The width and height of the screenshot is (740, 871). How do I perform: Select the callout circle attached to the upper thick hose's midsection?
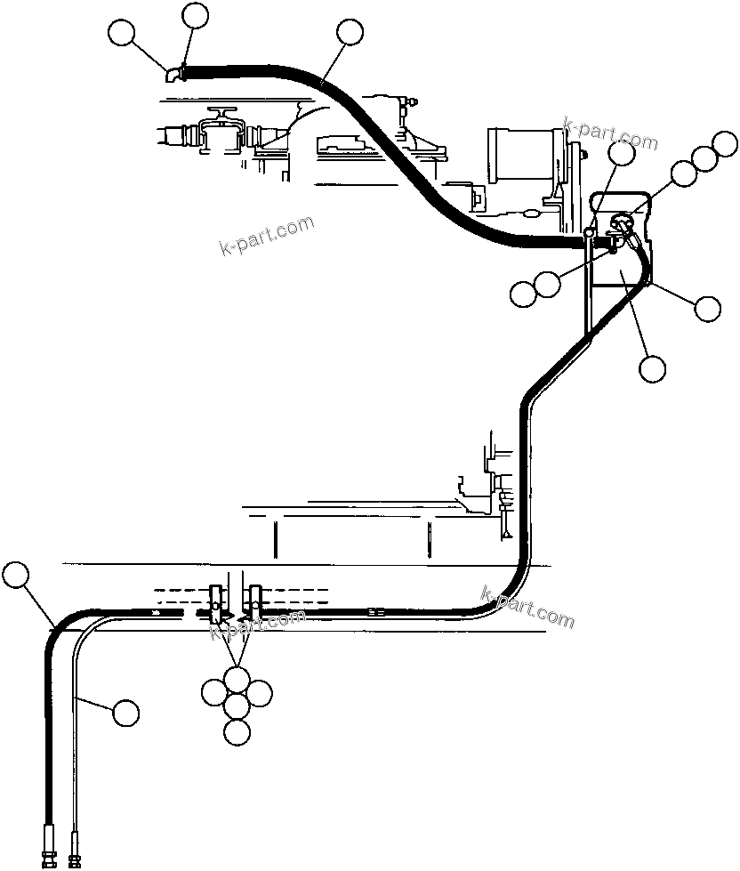[x=350, y=33]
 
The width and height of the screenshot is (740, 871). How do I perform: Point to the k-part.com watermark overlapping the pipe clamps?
[x=257, y=624]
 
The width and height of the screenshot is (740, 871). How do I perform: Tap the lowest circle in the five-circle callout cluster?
[x=236, y=732]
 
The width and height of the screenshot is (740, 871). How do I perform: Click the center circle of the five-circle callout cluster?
[x=236, y=706]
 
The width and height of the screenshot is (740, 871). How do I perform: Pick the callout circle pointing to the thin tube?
[x=125, y=711]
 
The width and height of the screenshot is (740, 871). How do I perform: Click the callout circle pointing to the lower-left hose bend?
[x=15, y=575]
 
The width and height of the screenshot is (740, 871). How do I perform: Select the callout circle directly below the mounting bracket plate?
[x=652, y=367]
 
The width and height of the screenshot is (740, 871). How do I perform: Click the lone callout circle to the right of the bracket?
[x=708, y=308]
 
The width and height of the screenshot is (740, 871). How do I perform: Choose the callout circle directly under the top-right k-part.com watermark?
[x=622, y=152]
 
